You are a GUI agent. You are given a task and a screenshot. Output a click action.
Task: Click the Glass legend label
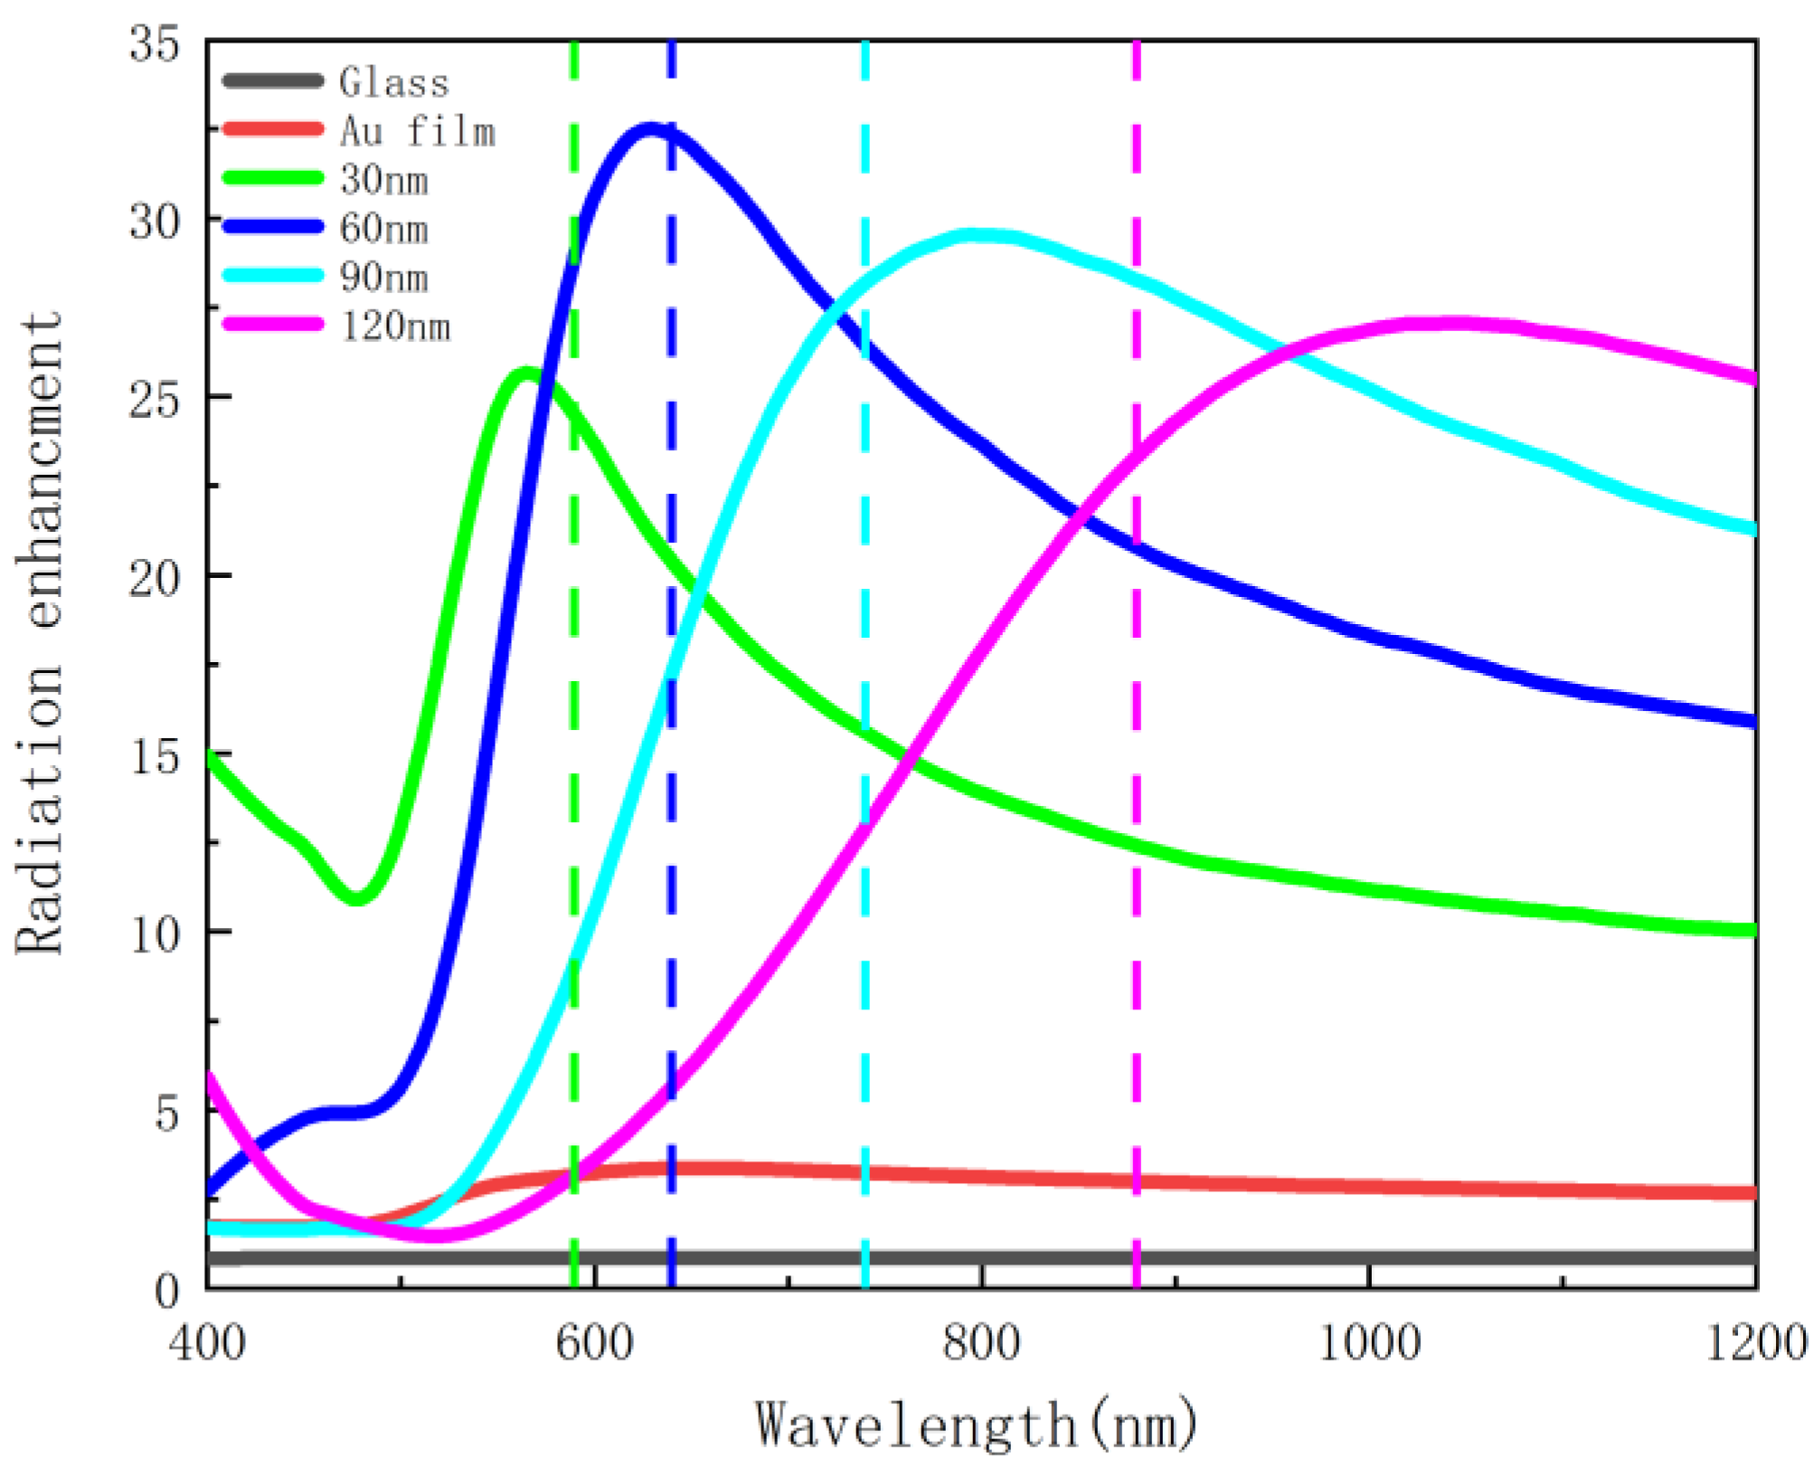[394, 82]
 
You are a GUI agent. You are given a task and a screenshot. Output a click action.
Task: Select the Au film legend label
[418, 131]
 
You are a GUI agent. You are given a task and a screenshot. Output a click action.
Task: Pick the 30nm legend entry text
[384, 180]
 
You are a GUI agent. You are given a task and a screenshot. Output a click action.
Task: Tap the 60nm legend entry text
[384, 228]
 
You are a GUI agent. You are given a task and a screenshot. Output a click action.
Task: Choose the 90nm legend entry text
[384, 277]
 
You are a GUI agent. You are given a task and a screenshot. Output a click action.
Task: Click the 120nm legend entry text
[395, 326]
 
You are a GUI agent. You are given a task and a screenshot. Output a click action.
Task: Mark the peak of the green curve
[526, 374]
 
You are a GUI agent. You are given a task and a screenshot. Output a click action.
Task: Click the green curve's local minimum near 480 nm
[357, 897]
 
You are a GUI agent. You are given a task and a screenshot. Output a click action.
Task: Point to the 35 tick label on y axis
[155, 43]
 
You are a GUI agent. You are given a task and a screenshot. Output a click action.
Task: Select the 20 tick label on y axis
[155, 577]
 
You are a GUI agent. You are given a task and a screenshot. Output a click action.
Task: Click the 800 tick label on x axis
[981, 1342]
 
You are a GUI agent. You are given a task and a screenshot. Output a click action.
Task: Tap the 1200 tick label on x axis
[1755, 1342]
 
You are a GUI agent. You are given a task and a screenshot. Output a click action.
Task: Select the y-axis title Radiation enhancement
[40, 633]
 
